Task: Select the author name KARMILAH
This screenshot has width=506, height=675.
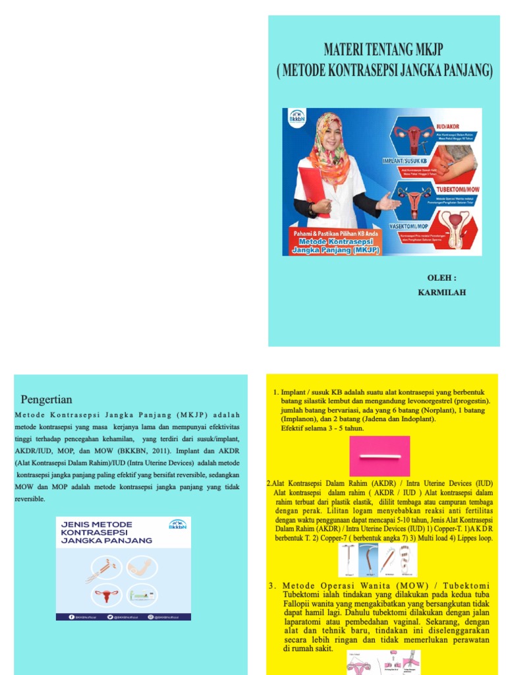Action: [x=442, y=292]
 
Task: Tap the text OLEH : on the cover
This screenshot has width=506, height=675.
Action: [x=442, y=278]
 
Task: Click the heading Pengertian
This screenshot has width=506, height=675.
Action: [x=47, y=399]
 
